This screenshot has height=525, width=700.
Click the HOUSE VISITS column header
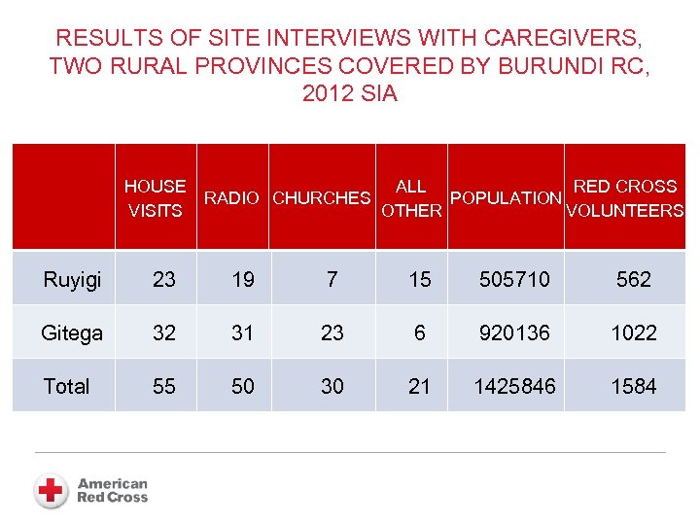156,198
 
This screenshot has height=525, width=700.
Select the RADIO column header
231,198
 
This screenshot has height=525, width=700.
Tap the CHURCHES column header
322,198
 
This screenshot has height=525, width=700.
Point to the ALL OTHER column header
411,198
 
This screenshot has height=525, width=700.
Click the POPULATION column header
507,198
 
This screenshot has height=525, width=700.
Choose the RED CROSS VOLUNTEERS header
625,198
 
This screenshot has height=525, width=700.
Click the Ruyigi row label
72,280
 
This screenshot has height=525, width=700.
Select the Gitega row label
72,333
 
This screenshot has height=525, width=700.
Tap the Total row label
66,387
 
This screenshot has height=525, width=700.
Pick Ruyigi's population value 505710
514,280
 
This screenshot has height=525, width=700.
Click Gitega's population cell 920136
514,333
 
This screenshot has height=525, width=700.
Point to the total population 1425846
514,387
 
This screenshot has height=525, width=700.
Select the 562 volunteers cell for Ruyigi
634,280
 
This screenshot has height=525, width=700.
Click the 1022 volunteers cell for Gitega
634,333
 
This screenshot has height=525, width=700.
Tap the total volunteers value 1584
634,387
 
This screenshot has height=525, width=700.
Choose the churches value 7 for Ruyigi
332,280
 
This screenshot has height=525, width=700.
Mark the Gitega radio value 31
243,333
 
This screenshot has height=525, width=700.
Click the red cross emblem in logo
51,490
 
